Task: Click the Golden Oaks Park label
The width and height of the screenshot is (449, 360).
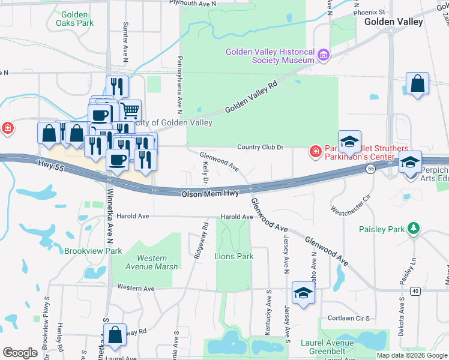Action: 75,19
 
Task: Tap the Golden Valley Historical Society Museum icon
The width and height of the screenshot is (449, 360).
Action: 324,56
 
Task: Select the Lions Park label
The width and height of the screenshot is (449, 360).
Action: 234,256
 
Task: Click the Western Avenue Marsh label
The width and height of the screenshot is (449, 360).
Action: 152,262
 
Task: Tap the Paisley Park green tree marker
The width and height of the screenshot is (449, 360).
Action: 413,229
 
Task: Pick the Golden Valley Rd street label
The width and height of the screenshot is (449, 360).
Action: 253,99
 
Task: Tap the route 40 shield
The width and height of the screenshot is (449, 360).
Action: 415,291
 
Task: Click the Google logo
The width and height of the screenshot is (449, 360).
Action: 20,353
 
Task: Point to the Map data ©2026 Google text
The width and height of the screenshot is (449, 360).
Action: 412,355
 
